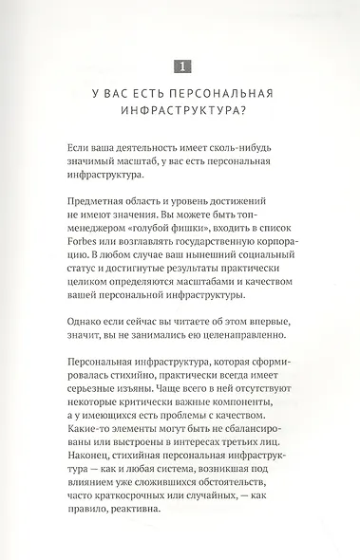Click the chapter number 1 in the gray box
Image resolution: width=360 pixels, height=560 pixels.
point(180,65)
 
